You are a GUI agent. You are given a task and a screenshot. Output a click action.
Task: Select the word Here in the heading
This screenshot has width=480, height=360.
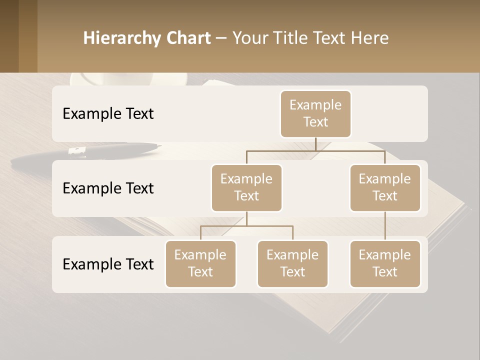pos(370,38)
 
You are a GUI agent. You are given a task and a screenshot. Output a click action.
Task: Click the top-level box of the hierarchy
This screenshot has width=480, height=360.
pos(315,113)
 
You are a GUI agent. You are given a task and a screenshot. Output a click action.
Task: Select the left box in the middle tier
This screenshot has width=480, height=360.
pos(246,187)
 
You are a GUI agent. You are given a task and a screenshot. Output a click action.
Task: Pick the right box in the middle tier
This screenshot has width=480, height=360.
pos(385,187)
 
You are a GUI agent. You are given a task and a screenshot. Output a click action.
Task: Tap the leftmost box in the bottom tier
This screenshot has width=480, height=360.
pos(200,263)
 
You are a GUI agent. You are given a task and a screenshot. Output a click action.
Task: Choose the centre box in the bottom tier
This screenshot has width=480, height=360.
pos(292,263)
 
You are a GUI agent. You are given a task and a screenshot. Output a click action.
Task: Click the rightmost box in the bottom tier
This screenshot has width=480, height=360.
pos(385,263)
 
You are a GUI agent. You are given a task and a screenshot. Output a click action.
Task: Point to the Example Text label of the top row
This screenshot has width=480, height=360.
pos(108,114)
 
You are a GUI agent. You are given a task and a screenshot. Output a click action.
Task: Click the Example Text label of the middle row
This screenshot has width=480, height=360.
pos(108,188)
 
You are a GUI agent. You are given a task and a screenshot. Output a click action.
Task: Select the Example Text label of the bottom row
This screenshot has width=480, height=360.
pos(108,264)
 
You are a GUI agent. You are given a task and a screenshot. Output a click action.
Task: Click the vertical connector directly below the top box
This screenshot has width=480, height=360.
pos(315,144)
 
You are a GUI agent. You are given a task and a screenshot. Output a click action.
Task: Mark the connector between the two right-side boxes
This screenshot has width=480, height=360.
pos(385,226)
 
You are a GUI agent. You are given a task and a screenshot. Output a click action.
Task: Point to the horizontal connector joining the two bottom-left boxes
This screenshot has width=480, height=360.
pos(246,226)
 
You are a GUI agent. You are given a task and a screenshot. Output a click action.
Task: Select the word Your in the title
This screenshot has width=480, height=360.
pos(248,38)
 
